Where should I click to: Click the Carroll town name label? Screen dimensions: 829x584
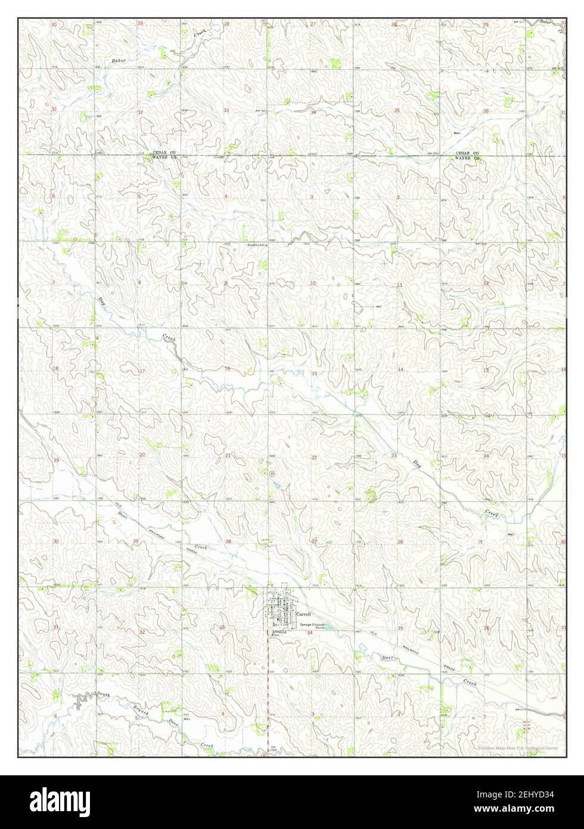tap(302, 614)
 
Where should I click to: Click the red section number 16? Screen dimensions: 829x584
tap(227, 369)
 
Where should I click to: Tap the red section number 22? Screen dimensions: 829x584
tap(313, 457)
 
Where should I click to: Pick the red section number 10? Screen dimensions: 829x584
tap(313, 283)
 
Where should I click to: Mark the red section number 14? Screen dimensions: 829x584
tap(400, 370)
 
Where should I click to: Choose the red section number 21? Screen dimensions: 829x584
tap(227, 456)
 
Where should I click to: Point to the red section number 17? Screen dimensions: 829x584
tap(142, 371)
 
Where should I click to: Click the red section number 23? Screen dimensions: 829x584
tap(394, 456)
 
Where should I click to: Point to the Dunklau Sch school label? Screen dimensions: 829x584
tap(256, 245)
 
